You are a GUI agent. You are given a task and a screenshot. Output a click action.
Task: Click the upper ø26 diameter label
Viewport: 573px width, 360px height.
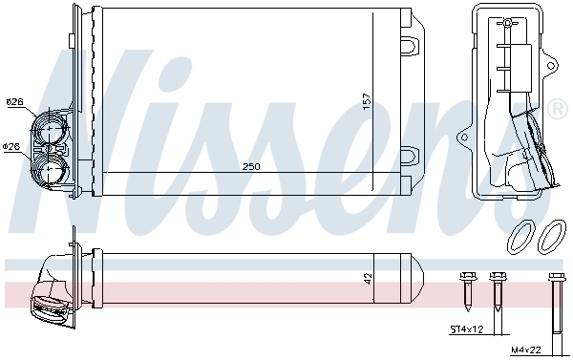tap(14, 101)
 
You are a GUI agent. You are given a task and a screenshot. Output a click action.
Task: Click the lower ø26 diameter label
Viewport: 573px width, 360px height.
tap(11, 146)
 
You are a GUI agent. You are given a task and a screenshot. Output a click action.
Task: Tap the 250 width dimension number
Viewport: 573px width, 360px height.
tap(250, 166)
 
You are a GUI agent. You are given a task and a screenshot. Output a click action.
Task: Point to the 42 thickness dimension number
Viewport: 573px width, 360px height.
tap(369, 279)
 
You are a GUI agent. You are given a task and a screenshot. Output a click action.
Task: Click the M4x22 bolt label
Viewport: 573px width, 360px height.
tap(544, 349)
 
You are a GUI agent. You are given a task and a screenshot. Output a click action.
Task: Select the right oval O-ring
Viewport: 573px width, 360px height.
tap(551, 235)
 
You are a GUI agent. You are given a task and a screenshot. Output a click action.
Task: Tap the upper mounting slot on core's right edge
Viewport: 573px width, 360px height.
tap(410, 44)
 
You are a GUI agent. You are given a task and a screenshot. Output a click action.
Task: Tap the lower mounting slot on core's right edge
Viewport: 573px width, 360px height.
tap(410, 155)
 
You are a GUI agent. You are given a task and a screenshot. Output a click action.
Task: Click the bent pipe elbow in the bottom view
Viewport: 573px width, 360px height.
tap(47, 291)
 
